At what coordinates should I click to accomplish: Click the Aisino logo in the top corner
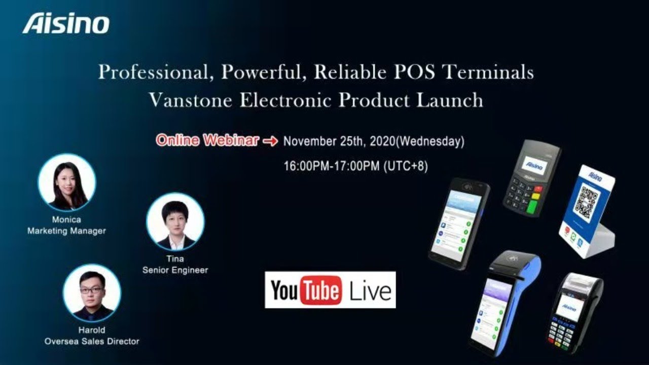pyautogui.click(x=66, y=24)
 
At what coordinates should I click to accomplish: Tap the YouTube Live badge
pyautogui.click(x=330, y=290)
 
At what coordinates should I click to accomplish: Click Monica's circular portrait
pyautogui.click(x=67, y=183)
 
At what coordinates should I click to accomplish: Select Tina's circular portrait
pyautogui.click(x=175, y=222)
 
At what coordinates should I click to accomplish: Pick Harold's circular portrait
pyautogui.click(x=92, y=293)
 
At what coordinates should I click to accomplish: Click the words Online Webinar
pyautogui.click(x=207, y=140)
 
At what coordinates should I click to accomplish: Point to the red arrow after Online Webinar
pyautogui.click(x=270, y=141)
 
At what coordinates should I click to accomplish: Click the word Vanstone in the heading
pyautogui.click(x=191, y=100)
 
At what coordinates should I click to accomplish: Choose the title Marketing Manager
pyautogui.click(x=66, y=231)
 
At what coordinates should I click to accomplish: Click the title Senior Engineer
pyautogui.click(x=175, y=270)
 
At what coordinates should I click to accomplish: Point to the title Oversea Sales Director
pyautogui.click(x=92, y=341)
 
